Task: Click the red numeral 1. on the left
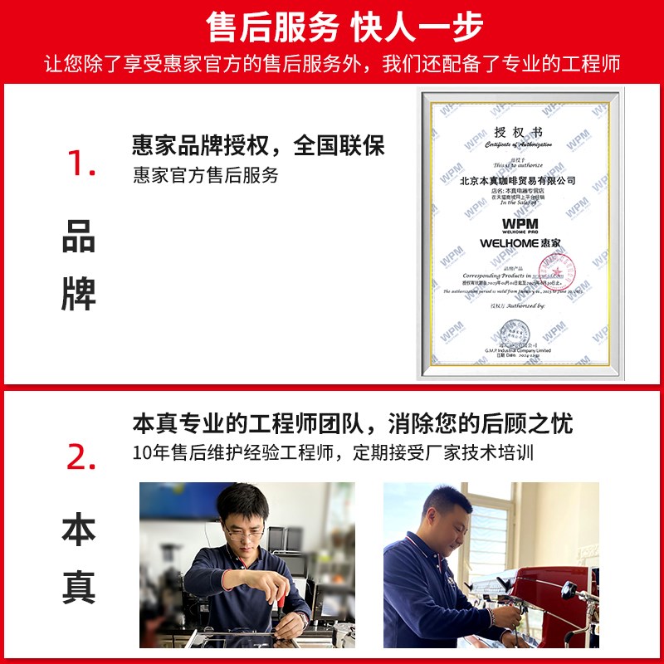[x=81, y=164]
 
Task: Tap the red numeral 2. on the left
[x=81, y=456]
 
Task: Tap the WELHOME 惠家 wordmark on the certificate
[x=520, y=243]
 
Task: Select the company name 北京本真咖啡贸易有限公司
[x=517, y=180]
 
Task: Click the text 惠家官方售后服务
[x=205, y=176]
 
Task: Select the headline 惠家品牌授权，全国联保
[x=258, y=146]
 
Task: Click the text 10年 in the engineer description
[x=150, y=453]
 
